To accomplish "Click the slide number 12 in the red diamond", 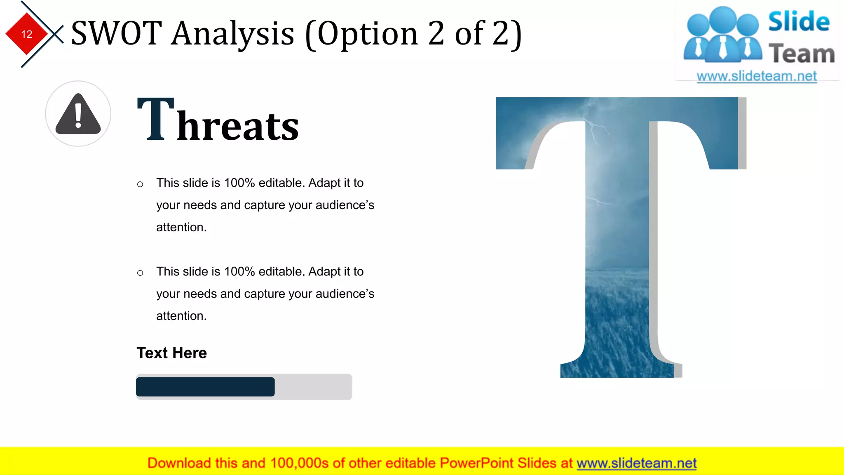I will pos(27,34).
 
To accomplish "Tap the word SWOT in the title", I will pos(116,33).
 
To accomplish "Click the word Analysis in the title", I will pos(233,34).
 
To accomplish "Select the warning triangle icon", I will pos(78,115).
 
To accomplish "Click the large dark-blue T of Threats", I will pos(155,119).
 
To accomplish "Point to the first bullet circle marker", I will pos(140,184).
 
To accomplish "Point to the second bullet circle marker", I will pos(140,273).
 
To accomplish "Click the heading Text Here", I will pos(171,353).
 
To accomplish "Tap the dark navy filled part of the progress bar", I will pos(205,387).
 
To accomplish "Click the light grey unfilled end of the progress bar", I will pos(313,387).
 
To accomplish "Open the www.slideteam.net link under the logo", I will pos(757,76).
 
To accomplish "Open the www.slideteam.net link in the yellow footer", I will pos(636,463).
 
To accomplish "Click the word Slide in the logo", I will pos(799,21).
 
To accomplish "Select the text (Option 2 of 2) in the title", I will pos(413,34).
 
